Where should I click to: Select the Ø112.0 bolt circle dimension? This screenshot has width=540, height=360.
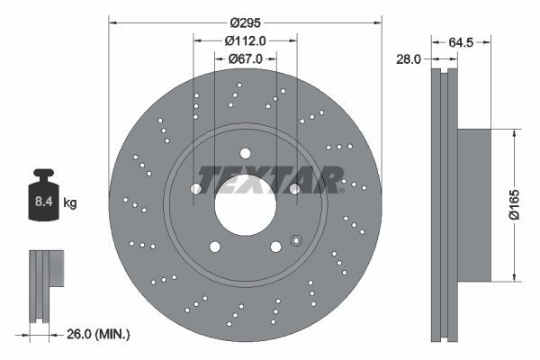(x=246, y=40)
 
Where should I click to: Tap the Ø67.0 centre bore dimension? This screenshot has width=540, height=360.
(x=246, y=58)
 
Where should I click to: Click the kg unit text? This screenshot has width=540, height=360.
(x=70, y=203)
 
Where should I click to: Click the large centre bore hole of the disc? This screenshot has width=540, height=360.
(x=246, y=205)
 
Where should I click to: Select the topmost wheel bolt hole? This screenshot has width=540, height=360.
(x=246, y=153)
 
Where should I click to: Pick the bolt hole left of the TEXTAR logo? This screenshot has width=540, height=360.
(x=196, y=189)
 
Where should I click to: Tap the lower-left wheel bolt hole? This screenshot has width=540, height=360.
(x=214, y=247)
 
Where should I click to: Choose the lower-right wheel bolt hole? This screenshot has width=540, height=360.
(x=275, y=247)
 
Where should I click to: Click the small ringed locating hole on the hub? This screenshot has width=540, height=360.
(x=294, y=239)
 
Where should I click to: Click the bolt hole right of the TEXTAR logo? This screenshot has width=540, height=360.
(x=295, y=189)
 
